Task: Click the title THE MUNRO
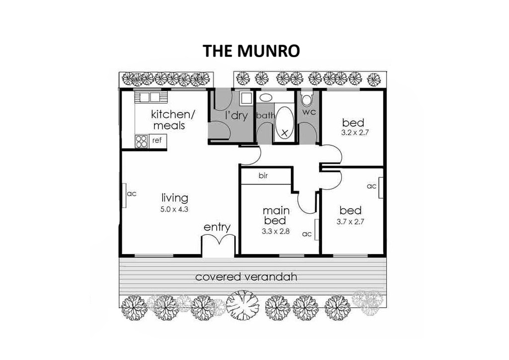[x=251, y=51]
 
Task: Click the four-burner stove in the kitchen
[x=142, y=141]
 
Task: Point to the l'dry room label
[x=236, y=115]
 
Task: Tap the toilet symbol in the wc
[x=306, y=99]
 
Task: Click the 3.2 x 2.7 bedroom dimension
[x=355, y=133]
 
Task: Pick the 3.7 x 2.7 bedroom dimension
[x=350, y=222]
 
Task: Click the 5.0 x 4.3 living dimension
[x=174, y=209]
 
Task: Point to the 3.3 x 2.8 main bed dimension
[x=275, y=231]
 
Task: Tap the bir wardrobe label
[x=263, y=176]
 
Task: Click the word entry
[x=217, y=228]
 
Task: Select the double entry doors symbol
[x=219, y=240]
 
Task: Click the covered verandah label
[x=246, y=277]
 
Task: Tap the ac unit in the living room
[x=124, y=195]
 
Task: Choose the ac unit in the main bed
[x=317, y=230]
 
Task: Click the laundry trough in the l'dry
[x=247, y=98]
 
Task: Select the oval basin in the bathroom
[x=266, y=97]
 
